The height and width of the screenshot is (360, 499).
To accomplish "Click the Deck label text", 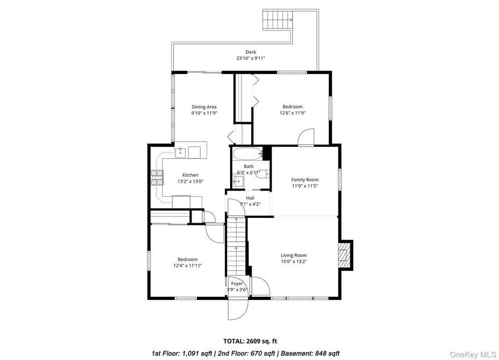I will coord(251,52).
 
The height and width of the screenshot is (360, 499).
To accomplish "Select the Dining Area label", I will coord(204,107).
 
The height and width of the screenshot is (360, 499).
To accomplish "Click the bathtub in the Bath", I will coord(248,153).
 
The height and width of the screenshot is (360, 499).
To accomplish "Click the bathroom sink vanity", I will coord(238,180).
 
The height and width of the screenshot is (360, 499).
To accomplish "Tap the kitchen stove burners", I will coord(157,177).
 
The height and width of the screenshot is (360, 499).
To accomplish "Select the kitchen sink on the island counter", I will coord(182,151).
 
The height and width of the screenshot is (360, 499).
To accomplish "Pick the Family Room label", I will coord(305,180).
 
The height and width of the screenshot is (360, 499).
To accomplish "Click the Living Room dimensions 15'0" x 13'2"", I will coord(293,262).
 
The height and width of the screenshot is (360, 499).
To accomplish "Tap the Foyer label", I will coord(237,284).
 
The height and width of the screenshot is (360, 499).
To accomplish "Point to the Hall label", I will coord(250,198).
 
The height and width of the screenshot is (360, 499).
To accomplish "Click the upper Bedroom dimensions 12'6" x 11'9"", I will coord(292,113).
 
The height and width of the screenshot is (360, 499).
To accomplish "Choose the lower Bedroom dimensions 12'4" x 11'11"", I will coord(187,266).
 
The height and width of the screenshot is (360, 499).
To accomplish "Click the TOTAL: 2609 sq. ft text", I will coord(250,341).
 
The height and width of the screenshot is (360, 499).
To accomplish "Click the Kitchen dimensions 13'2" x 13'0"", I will coord(190,181).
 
